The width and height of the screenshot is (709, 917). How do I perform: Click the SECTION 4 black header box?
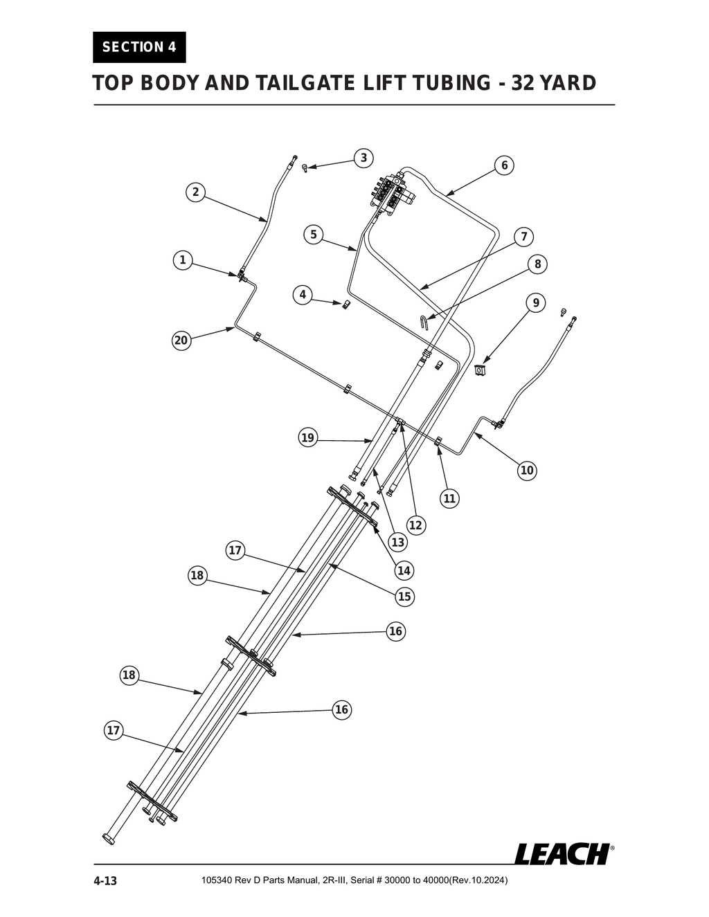[139, 47]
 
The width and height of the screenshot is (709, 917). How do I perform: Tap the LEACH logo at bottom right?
[562, 853]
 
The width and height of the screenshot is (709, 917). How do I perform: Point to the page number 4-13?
[105, 881]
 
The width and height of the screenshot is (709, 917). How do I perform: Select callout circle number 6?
[504, 165]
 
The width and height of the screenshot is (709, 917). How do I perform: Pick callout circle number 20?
[181, 341]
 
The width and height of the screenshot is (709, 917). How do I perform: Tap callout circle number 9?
[535, 303]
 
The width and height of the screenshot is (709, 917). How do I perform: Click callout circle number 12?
[415, 525]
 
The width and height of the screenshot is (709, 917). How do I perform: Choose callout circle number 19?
[308, 437]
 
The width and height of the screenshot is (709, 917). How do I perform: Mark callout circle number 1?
[182, 260]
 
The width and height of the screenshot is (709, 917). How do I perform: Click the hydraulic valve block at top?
[393, 192]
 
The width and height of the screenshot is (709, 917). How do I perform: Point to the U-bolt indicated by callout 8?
[424, 322]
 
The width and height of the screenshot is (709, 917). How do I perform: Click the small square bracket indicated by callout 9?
[481, 370]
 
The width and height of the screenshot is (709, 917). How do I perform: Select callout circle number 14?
[404, 570]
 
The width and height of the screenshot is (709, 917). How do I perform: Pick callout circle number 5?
[313, 235]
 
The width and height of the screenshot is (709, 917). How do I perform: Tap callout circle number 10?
[527, 471]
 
